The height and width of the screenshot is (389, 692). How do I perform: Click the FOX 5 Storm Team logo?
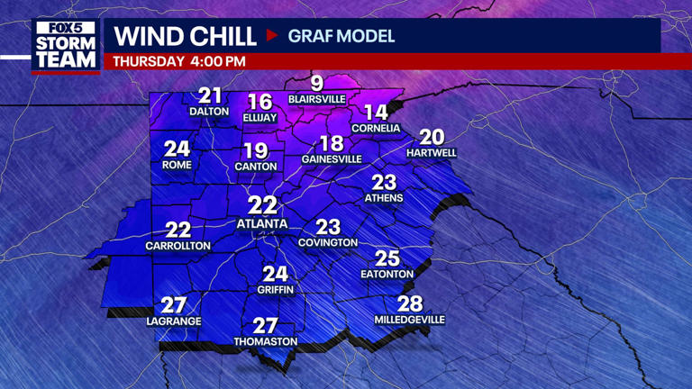coord(66,45)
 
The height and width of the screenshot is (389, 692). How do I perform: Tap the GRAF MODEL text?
coord(341,37)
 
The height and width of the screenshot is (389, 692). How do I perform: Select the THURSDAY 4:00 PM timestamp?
coord(179,61)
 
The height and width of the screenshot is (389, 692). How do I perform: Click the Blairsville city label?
coord(317,99)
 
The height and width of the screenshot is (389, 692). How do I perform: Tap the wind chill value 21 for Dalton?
coord(210,95)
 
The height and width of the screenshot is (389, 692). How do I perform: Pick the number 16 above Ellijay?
coord(259,102)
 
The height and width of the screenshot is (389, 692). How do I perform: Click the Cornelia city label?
coord(376,129)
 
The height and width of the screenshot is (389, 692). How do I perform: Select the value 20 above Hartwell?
coord(432,137)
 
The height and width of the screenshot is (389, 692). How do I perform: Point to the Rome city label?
coord(177,166)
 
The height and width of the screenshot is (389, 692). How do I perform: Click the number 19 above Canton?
coord(255,150)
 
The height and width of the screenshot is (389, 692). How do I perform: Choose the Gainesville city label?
coord(332,159)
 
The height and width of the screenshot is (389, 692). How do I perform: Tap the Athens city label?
coord(384,198)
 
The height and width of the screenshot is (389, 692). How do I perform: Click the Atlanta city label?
coord(262,223)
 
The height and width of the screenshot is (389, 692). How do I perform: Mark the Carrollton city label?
coord(178,246)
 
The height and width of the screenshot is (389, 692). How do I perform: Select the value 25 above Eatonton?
coord(387,258)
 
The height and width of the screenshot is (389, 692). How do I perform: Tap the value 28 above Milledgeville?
coord(410,303)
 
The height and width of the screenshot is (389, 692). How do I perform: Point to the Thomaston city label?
coord(266,342)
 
